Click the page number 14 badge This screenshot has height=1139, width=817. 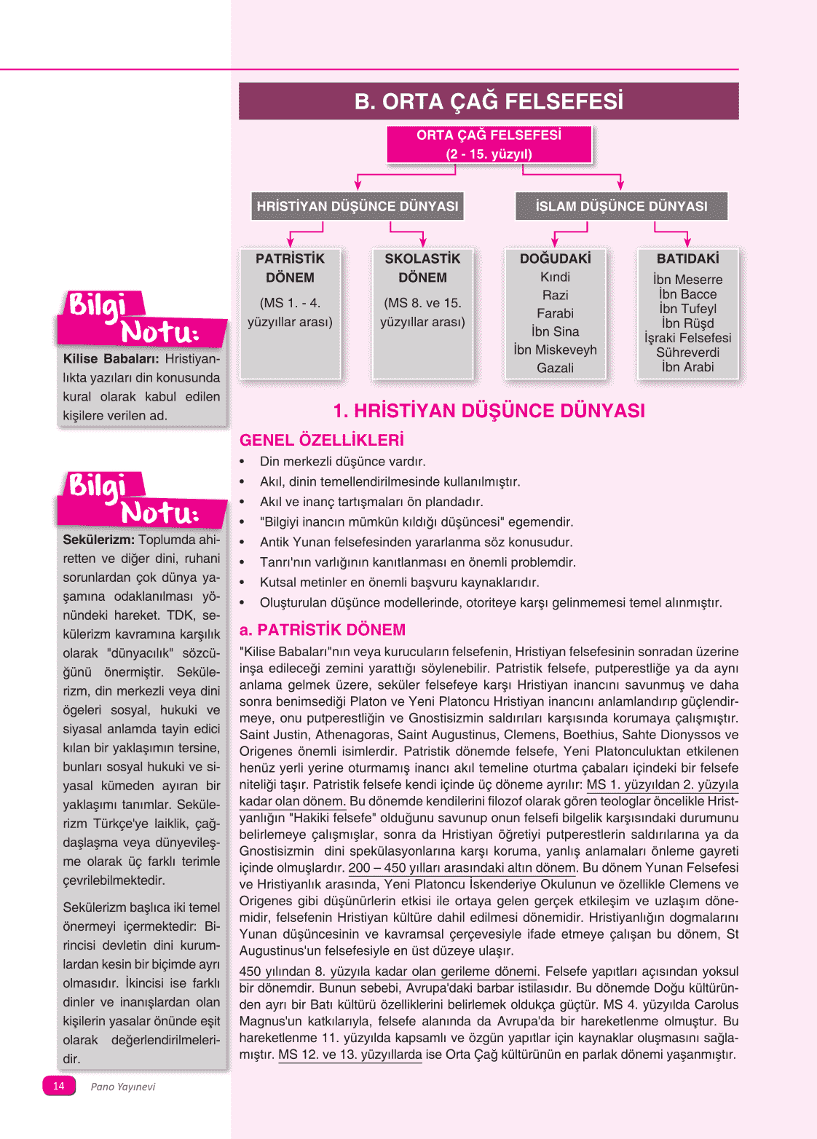[59, 1086]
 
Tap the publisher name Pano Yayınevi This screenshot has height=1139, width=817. [122, 1087]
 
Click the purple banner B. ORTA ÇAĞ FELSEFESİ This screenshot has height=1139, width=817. [489, 101]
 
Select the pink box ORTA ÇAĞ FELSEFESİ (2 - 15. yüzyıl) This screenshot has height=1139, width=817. [489, 144]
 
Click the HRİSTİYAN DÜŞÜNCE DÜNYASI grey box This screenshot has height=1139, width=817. [358, 206]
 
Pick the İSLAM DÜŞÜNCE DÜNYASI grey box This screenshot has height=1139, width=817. [621, 206]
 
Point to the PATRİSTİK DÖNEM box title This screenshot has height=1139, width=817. [290, 268]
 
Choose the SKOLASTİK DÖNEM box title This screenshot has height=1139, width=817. [422, 268]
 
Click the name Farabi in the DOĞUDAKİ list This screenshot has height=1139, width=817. [555, 313]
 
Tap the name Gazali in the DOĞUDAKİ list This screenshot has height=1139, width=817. [555, 368]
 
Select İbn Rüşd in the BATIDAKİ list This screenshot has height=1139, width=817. [687, 323]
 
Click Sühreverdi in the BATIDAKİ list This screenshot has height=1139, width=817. [687, 352]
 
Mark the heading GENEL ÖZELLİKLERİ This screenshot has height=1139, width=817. [321, 440]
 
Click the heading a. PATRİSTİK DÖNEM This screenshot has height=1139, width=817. [322, 630]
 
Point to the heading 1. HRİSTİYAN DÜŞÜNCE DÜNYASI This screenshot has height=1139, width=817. [489, 411]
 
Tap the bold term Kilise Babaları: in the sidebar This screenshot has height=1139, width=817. [111, 359]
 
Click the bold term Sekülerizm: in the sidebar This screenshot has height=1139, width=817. [98, 540]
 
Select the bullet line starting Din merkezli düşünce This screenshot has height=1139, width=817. [342, 462]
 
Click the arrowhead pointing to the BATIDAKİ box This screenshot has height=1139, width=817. [687, 243]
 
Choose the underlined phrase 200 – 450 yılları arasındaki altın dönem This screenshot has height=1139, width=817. [462, 868]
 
